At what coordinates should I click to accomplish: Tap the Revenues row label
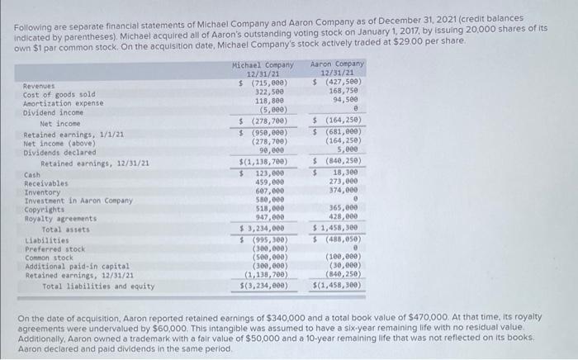point(39,85)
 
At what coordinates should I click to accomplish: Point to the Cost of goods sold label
point(59,94)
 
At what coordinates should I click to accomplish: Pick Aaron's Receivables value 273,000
point(343,182)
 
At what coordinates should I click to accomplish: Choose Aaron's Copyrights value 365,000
point(343,208)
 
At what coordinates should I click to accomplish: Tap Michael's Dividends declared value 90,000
point(272,149)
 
